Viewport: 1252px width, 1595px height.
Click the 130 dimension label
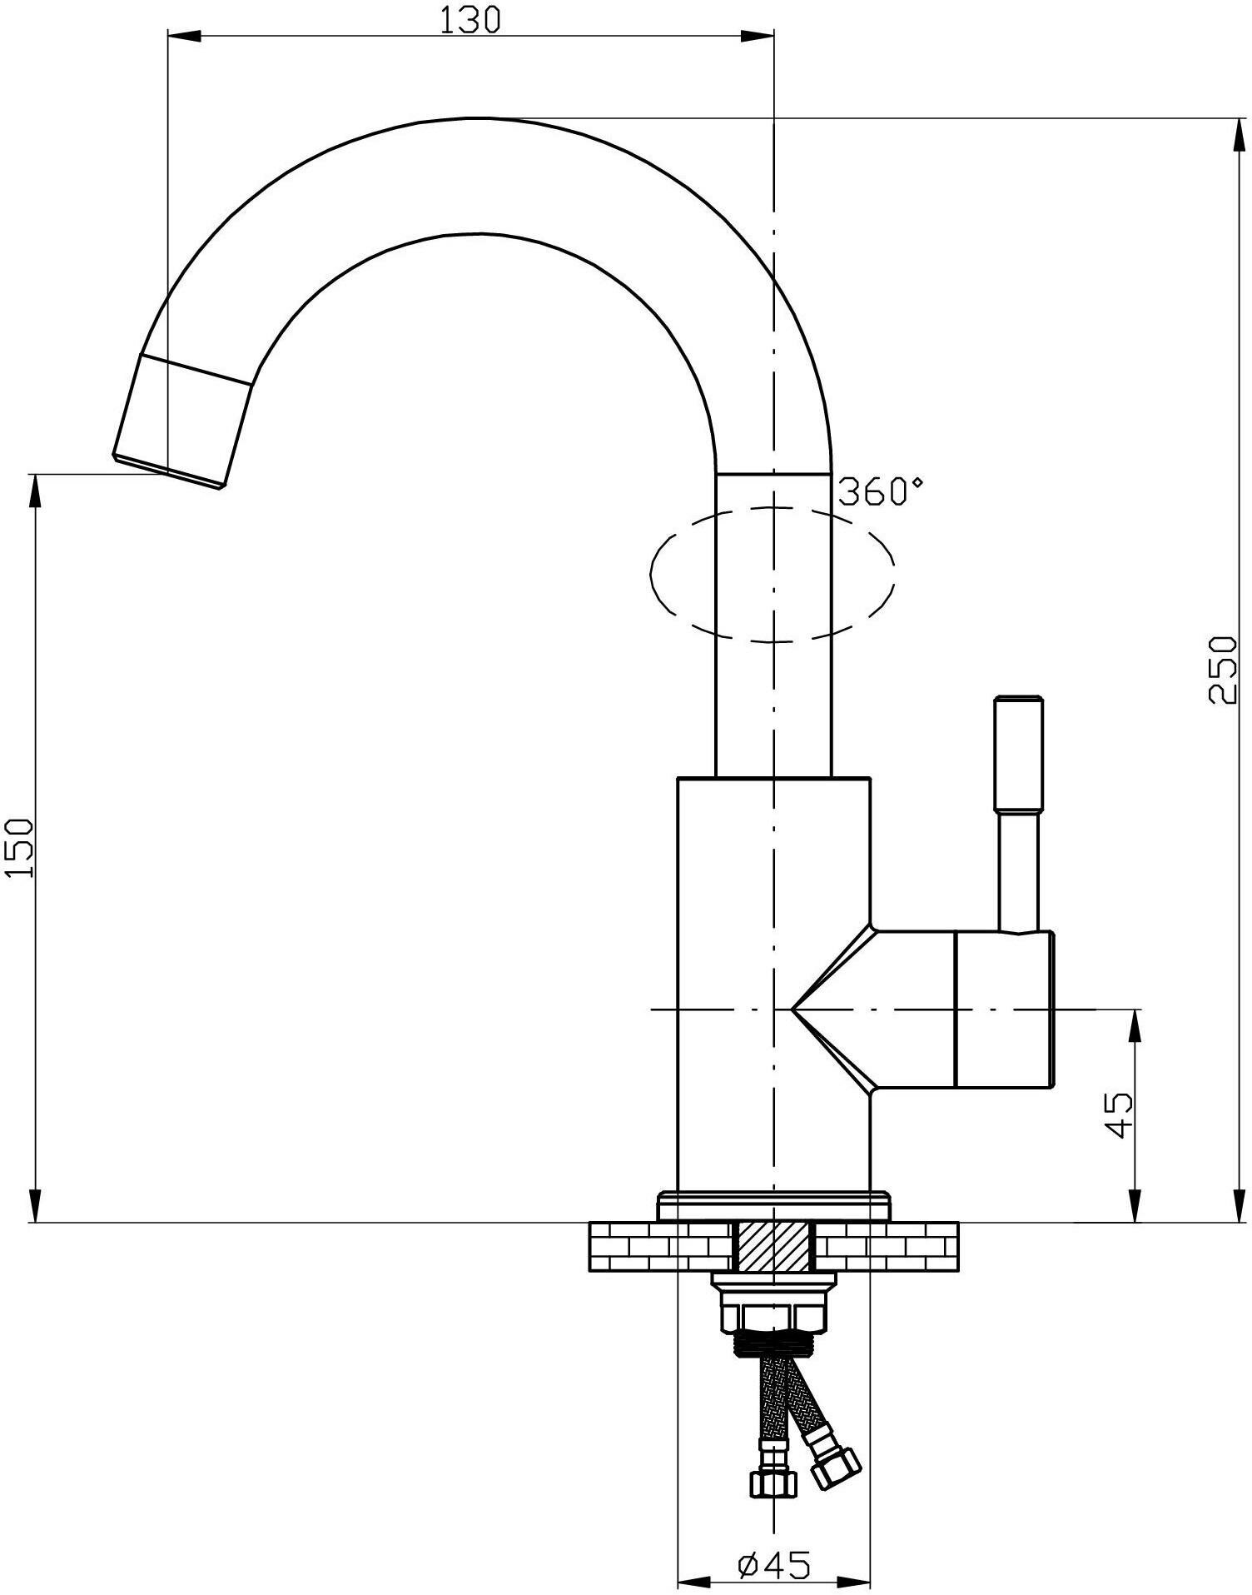click(x=470, y=20)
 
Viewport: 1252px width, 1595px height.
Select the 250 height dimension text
click(x=1222, y=670)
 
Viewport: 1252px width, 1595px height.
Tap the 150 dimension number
click(x=20, y=847)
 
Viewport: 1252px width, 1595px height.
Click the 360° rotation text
click(x=880, y=491)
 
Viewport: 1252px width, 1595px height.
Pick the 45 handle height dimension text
click(x=1120, y=1114)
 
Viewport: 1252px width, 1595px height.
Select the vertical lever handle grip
click(x=1017, y=753)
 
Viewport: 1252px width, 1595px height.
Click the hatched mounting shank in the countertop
click(x=773, y=1247)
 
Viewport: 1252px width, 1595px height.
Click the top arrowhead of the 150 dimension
click(x=35, y=492)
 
